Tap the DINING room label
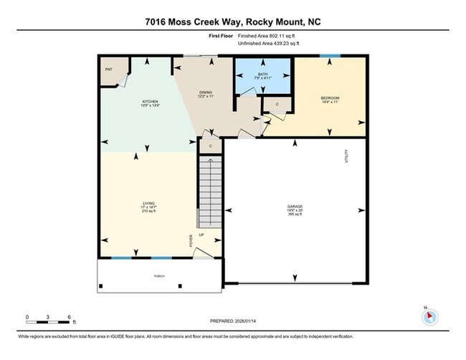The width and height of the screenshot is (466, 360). pos(206,93)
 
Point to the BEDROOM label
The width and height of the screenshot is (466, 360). pos(329,98)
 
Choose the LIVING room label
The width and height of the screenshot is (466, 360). pos(149,204)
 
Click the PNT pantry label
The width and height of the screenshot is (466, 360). pos(109,70)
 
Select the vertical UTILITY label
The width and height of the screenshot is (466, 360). pos(346,156)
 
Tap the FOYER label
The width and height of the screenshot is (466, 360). pos(191,240)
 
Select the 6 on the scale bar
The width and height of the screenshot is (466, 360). pos(69,316)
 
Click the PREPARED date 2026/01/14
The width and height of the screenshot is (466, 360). pos(232,321)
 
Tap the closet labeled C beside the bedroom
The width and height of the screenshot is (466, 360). pos(277,105)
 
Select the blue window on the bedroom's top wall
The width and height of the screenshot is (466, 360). pos(330,56)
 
